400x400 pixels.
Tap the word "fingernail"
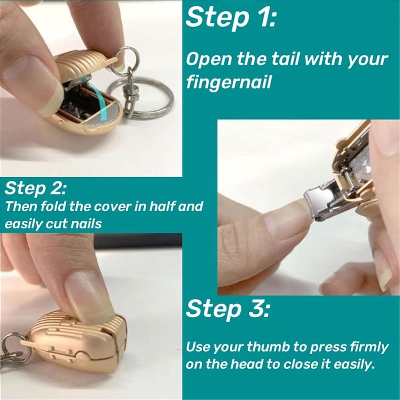click(229, 82)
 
